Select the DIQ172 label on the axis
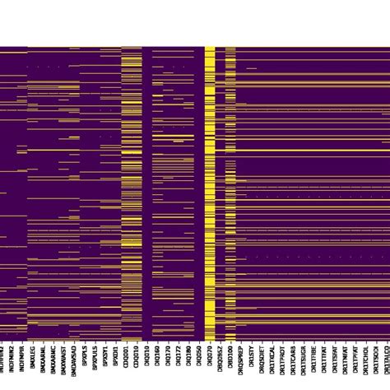point(179,361)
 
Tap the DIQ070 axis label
point(210,361)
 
